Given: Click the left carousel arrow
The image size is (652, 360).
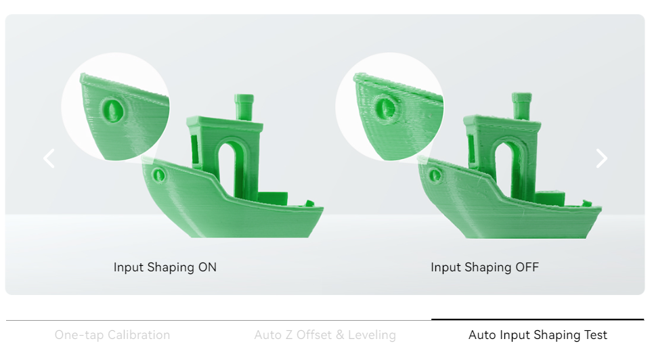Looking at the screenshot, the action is pos(49,158).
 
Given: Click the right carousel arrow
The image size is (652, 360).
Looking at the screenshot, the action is pos(602,158).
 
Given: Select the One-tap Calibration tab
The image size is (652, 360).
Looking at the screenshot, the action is pos(112,335).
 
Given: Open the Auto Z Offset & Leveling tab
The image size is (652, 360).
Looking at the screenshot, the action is pos(325,335).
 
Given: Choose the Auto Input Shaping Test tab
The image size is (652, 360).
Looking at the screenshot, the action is pos(538,335).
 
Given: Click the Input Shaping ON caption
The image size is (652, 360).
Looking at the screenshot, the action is pos(165,267).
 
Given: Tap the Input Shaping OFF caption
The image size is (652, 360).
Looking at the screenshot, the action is pos(485,267).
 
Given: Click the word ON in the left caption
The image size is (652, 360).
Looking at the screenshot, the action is pos(207,267).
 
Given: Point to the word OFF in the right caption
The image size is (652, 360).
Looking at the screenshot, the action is pos(527,267).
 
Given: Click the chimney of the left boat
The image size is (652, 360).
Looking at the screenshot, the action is pos(244,107).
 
